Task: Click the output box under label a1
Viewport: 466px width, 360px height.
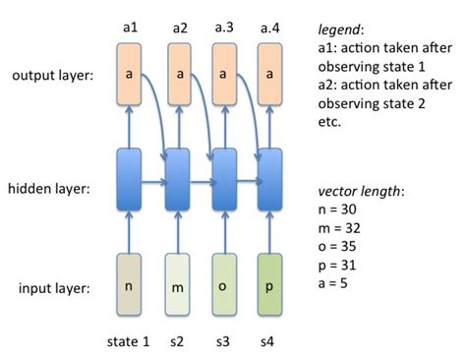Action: tap(131, 74)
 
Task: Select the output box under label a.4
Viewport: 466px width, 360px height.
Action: tap(271, 74)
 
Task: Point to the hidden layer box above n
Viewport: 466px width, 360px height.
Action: tap(131, 178)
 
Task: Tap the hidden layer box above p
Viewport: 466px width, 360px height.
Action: tap(271, 178)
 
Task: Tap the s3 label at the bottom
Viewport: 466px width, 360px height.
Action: tap(224, 341)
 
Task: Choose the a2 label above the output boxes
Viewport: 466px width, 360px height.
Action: tap(178, 28)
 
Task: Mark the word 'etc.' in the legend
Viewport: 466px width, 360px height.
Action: tap(330, 123)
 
